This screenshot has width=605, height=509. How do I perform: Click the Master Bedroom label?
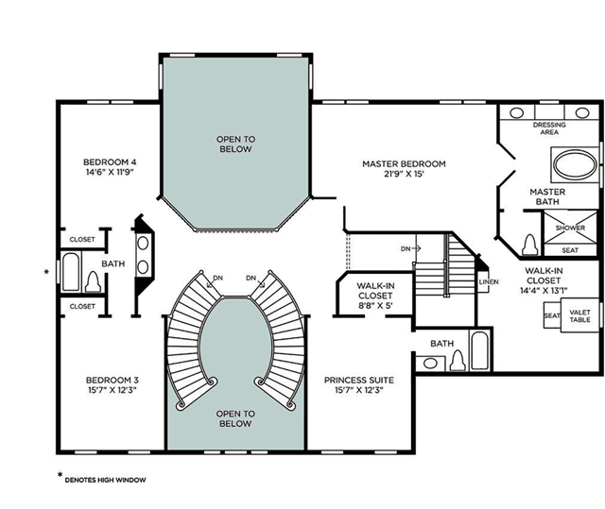[404, 163]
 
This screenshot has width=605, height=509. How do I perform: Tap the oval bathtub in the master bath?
[575, 164]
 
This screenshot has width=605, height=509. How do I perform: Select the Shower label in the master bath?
[570, 228]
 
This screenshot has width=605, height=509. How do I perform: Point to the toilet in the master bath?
[529, 246]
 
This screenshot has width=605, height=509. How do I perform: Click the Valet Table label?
[579, 316]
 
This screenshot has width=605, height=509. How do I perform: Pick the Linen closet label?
[489, 281]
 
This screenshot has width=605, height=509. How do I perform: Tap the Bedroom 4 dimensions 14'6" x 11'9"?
[110, 172]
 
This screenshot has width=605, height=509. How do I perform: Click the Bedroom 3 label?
[112, 380]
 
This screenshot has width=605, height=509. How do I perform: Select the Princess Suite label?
[359, 380]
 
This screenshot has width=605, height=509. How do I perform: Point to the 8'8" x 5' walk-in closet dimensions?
[375, 306]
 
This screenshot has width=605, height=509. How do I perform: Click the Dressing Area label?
[549, 128]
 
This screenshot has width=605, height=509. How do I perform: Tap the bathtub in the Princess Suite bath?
[480, 349]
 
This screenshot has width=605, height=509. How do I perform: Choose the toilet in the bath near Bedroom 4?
[93, 281]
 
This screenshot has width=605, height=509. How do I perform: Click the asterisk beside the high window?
[46, 272]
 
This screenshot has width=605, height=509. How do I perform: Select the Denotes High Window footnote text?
[105, 480]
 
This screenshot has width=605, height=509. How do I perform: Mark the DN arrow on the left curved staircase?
[211, 284]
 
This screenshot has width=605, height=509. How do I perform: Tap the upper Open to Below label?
[235, 144]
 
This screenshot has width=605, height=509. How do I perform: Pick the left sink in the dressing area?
[516, 113]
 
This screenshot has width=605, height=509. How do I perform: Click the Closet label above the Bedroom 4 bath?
[82, 239]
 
